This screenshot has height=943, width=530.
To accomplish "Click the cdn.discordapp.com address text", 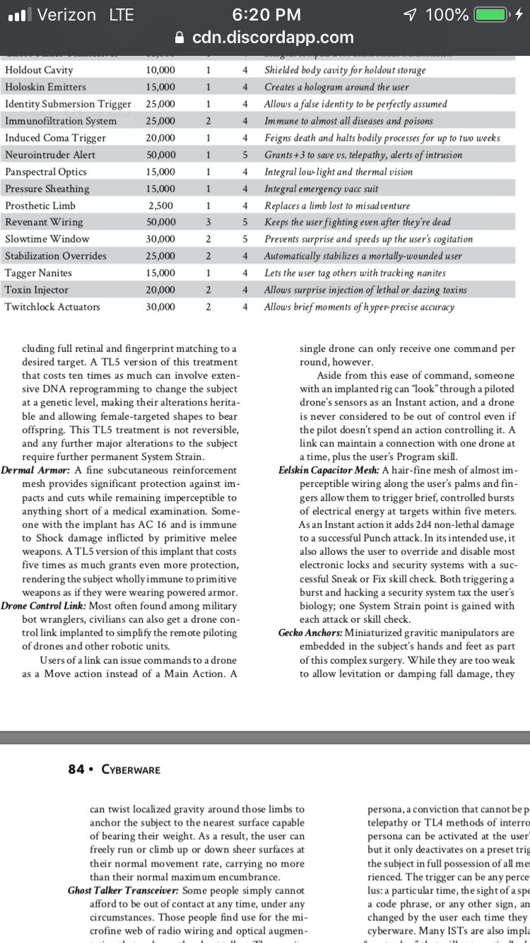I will pos(273,37).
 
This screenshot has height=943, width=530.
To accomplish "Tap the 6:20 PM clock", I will pos(266,15).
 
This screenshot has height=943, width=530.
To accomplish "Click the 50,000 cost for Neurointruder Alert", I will pos(162,154).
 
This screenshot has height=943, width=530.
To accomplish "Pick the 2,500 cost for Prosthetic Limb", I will pos(162,205).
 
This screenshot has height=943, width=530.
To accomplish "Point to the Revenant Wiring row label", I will pos(44,222).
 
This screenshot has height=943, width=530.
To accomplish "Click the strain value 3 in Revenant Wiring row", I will pos(208,222).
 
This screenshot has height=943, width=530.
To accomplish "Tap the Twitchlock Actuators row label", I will pos(52,307).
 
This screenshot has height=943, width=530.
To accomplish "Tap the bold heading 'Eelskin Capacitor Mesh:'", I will pos(329,470).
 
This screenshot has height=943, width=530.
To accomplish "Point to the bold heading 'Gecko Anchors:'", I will pos(314,632).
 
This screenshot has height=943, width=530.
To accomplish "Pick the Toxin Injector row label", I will pos(37,290).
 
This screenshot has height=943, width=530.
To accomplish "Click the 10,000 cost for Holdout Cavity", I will pos(162,70).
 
